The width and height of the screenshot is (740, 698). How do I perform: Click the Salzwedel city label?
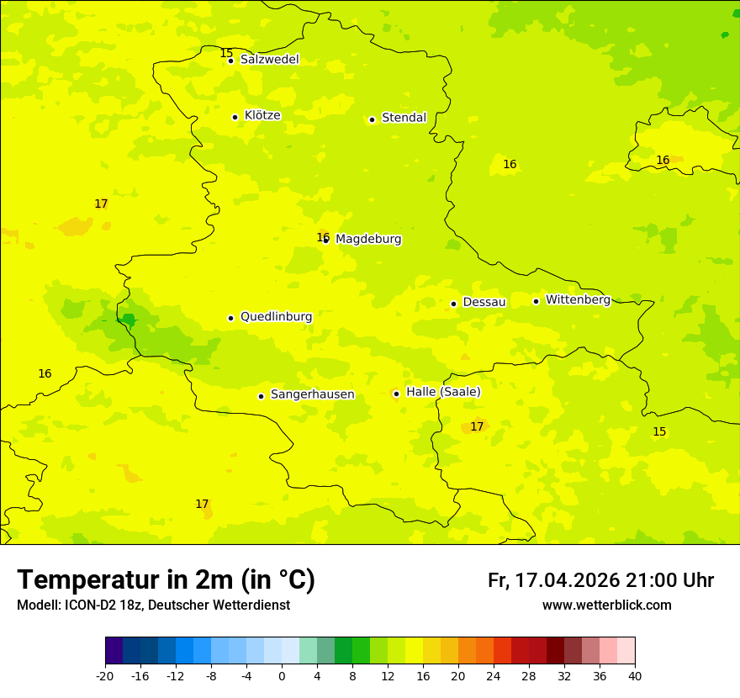[269, 60]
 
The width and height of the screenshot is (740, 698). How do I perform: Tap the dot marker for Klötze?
[235, 117]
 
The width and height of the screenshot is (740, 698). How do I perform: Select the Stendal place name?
[404, 118]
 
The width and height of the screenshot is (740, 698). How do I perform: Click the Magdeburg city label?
[368, 240]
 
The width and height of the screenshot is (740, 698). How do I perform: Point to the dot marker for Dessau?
[453, 304]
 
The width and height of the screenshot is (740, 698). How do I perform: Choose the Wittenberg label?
[578, 300]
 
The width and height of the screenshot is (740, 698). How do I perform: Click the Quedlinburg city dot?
[230, 318]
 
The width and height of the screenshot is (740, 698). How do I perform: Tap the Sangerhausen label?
[312, 394]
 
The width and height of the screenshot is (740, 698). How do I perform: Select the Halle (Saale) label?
[443, 392]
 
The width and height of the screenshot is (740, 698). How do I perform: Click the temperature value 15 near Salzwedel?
[226, 54]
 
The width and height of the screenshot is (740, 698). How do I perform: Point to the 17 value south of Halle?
[477, 426]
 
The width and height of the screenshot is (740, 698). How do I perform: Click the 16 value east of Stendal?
[510, 164]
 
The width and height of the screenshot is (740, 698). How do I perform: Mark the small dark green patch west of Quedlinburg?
[128, 320]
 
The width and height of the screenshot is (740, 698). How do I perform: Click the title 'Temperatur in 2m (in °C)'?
[166, 580]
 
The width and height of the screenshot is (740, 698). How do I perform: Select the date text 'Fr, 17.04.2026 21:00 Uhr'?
[600, 580]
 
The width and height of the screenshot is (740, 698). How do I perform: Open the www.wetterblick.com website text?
[606, 605]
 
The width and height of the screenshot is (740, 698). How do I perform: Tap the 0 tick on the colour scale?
[282, 676]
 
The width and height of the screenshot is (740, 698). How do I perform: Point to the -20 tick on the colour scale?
[105, 676]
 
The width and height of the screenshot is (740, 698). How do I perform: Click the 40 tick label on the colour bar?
[634, 676]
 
